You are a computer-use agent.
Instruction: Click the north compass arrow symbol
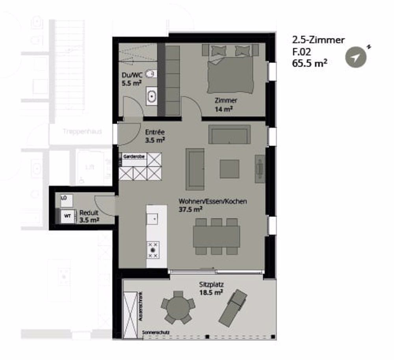(356, 58)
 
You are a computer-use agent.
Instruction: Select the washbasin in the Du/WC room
(151, 96)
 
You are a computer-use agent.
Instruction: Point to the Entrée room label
(154, 132)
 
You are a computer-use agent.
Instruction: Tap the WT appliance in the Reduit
(67, 216)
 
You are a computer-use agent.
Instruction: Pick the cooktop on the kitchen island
(153, 250)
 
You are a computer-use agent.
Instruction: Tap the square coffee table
(229, 168)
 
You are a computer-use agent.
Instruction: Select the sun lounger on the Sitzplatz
(233, 307)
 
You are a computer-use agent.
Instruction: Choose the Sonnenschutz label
(156, 333)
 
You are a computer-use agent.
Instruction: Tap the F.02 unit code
(301, 51)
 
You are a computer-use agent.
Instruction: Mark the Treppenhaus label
(82, 131)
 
